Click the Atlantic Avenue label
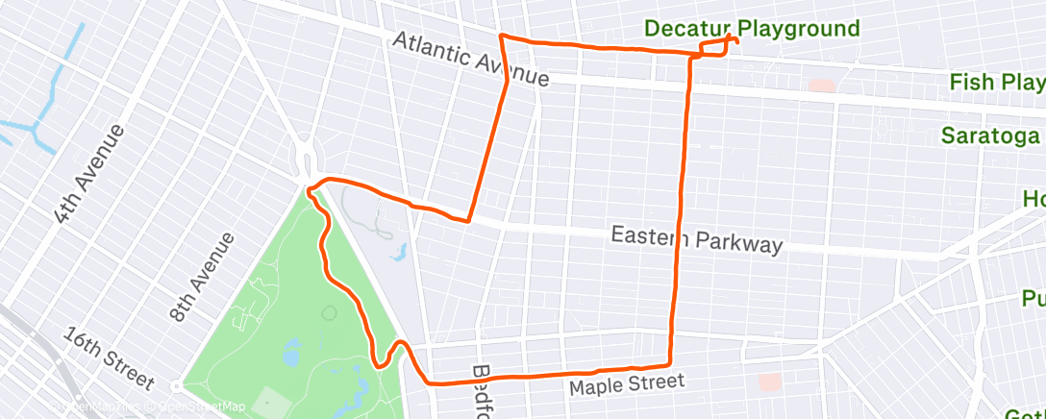470,59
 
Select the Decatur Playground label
752,29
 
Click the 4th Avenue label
89,173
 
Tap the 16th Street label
109,360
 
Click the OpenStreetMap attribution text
203,407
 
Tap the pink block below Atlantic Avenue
821,86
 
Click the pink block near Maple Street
769,382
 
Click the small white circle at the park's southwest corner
176,386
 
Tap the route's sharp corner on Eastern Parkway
468,221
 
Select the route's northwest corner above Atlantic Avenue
500,36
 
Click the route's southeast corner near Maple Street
669,365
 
